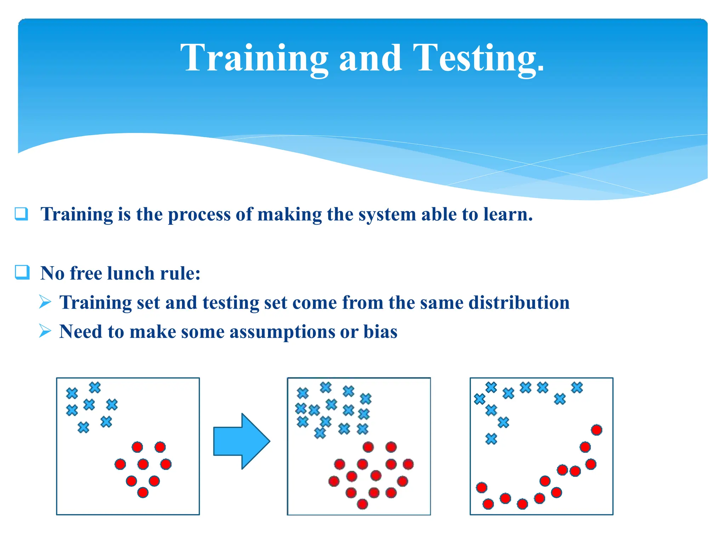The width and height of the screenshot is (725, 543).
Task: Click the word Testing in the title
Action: point(478,58)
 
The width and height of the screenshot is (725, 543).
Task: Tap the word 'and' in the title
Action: point(370,58)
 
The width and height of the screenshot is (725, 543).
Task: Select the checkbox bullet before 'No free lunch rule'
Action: point(22,272)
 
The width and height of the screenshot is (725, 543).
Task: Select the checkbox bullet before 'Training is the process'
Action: point(21,214)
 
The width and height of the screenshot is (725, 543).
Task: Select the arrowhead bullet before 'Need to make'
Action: point(45,331)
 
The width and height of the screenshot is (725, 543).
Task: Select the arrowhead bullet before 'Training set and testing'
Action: point(45,302)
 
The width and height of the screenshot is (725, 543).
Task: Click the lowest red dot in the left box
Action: point(143,492)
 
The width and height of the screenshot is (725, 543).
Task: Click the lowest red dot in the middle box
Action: point(362,503)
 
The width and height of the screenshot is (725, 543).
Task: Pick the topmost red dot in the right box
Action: point(596,430)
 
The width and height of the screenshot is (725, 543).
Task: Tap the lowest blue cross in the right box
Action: point(491,439)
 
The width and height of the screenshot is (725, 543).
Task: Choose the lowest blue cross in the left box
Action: point(83,427)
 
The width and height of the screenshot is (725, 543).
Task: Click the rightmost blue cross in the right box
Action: point(577,387)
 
